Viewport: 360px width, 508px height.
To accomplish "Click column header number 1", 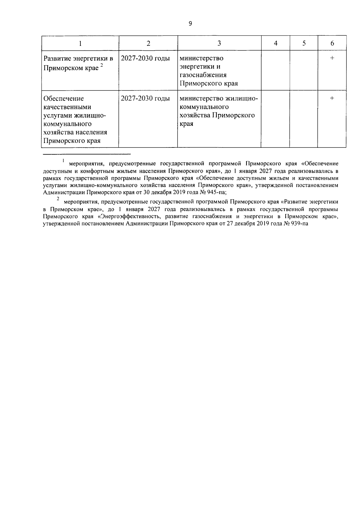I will tap(80, 43).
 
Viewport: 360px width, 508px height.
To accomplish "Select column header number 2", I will tap(148, 43).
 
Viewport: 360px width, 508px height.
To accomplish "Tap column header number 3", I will tap(219, 43).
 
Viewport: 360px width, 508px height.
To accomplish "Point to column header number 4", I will tap(275, 43).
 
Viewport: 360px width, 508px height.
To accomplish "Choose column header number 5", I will tap(304, 43).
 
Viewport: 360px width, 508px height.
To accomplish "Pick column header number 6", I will tap(332, 43).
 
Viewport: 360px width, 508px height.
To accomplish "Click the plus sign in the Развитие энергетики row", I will tap(332, 58).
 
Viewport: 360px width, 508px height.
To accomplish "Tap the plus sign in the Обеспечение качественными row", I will tap(332, 98).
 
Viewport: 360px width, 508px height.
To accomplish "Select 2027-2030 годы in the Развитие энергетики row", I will tap(145, 58).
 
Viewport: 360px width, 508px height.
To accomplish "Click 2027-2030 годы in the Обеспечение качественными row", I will tap(145, 98).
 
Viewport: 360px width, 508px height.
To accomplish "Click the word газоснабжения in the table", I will tap(203, 75).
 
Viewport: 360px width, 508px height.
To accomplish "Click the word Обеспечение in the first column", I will tap(64, 99).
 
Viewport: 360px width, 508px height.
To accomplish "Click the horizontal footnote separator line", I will tap(87, 154).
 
